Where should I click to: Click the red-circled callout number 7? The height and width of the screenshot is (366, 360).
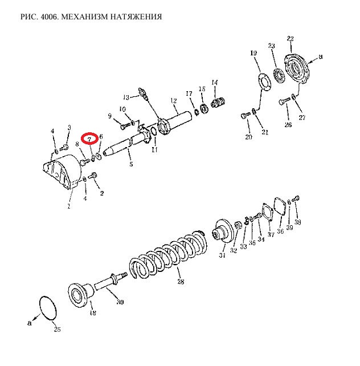pyautogui.click(x=89, y=139)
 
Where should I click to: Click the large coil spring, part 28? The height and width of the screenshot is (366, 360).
pyautogui.click(x=168, y=257)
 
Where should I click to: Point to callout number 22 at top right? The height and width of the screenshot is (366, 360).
pyautogui.click(x=290, y=39)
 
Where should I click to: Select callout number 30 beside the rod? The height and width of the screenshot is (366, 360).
pyautogui.click(x=119, y=302)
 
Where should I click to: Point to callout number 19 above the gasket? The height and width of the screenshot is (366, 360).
pyautogui.click(x=253, y=53)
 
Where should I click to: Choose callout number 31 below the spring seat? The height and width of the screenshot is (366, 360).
pyautogui.click(x=222, y=255)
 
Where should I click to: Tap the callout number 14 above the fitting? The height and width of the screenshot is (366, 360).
pyautogui.click(x=215, y=83)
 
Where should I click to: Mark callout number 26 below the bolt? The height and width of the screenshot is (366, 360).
pyautogui.click(x=288, y=125)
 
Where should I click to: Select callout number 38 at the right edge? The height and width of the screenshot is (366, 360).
pyautogui.click(x=297, y=222)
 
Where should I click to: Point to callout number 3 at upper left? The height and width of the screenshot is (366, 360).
pyautogui.click(x=69, y=127)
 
